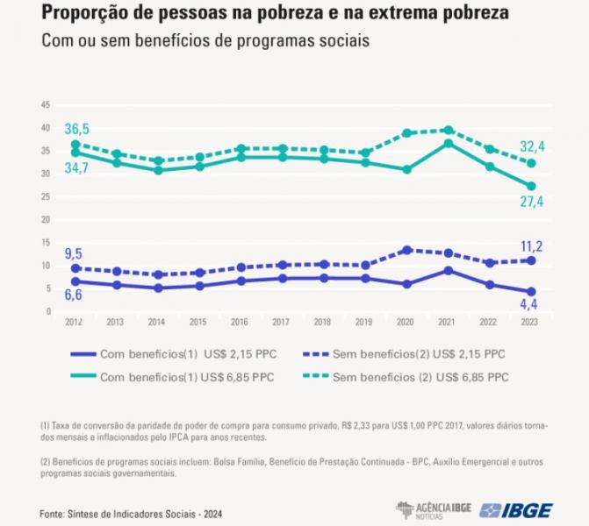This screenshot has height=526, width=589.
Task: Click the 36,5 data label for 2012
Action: (77, 129)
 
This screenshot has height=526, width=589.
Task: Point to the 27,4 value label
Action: (532, 202)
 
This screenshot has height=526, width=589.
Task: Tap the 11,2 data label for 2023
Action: (532, 246)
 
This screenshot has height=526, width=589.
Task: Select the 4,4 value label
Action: (528, 304)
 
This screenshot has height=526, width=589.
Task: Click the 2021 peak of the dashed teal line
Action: (449, 131)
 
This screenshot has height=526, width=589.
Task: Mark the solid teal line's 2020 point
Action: (406, 169)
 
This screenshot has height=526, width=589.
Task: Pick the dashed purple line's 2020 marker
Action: (406, 250)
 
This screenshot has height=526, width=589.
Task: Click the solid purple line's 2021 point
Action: (449, 271)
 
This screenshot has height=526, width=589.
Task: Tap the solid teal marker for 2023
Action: (531, 186)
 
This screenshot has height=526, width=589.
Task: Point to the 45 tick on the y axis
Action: (46, 105)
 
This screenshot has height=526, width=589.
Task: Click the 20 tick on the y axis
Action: (46, 219)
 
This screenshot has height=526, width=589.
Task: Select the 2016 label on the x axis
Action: (240, 322)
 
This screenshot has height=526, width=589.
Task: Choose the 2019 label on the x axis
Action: (363, 322)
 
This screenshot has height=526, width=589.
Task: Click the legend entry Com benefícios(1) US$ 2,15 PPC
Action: (174, 354)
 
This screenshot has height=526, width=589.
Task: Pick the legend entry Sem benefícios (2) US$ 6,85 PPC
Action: (406, 377)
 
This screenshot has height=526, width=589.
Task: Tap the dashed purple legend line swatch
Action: (316, 354)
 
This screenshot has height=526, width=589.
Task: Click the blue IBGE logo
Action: (516, 511)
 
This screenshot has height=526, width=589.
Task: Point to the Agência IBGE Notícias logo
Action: (434, 510)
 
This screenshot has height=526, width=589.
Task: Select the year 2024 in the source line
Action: (213, 514)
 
